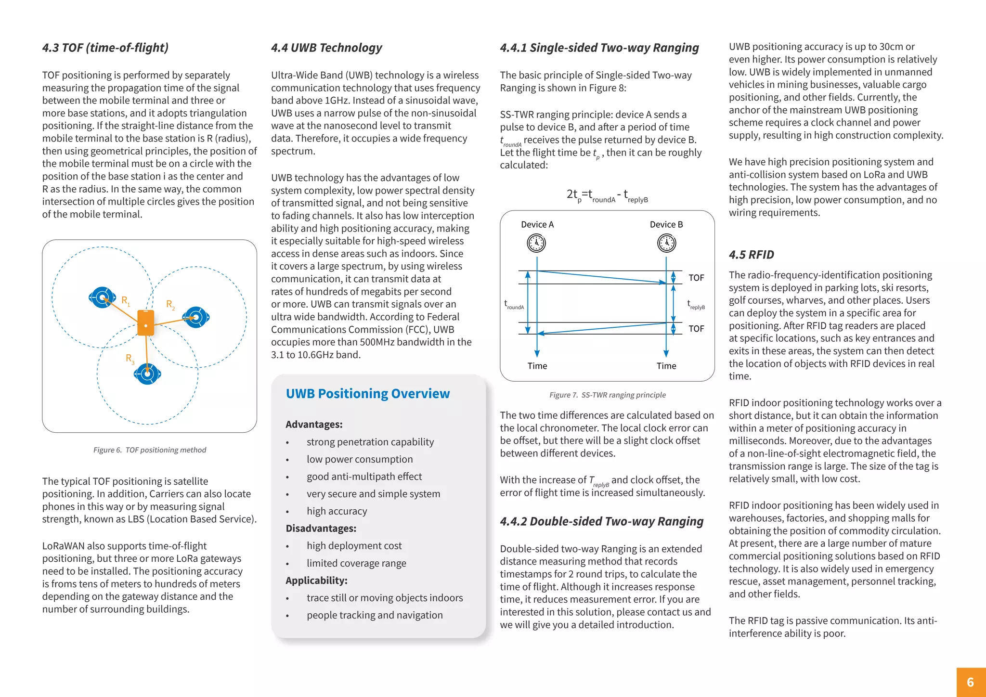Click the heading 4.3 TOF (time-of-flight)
click(105, 48)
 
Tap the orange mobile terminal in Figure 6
click(146, 323)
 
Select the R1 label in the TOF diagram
click(126, 301)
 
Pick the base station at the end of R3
click(147, 374)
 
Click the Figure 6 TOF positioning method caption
click(149, 450)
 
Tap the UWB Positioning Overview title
click(367, 394)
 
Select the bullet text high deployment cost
click(354, 546)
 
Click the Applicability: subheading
click(316, 581)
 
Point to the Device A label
click(537, 225)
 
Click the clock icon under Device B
click(666, 243)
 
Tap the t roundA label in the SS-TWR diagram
click(514, 305)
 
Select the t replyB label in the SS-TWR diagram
click(696, 305)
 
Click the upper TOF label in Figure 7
click(696, 278)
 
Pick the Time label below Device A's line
click(537, 366)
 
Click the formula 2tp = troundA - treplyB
click(607, 195)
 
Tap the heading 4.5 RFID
click(751, 255)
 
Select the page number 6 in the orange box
click(970, 682)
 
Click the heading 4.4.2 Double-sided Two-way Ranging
click(601, 522)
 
